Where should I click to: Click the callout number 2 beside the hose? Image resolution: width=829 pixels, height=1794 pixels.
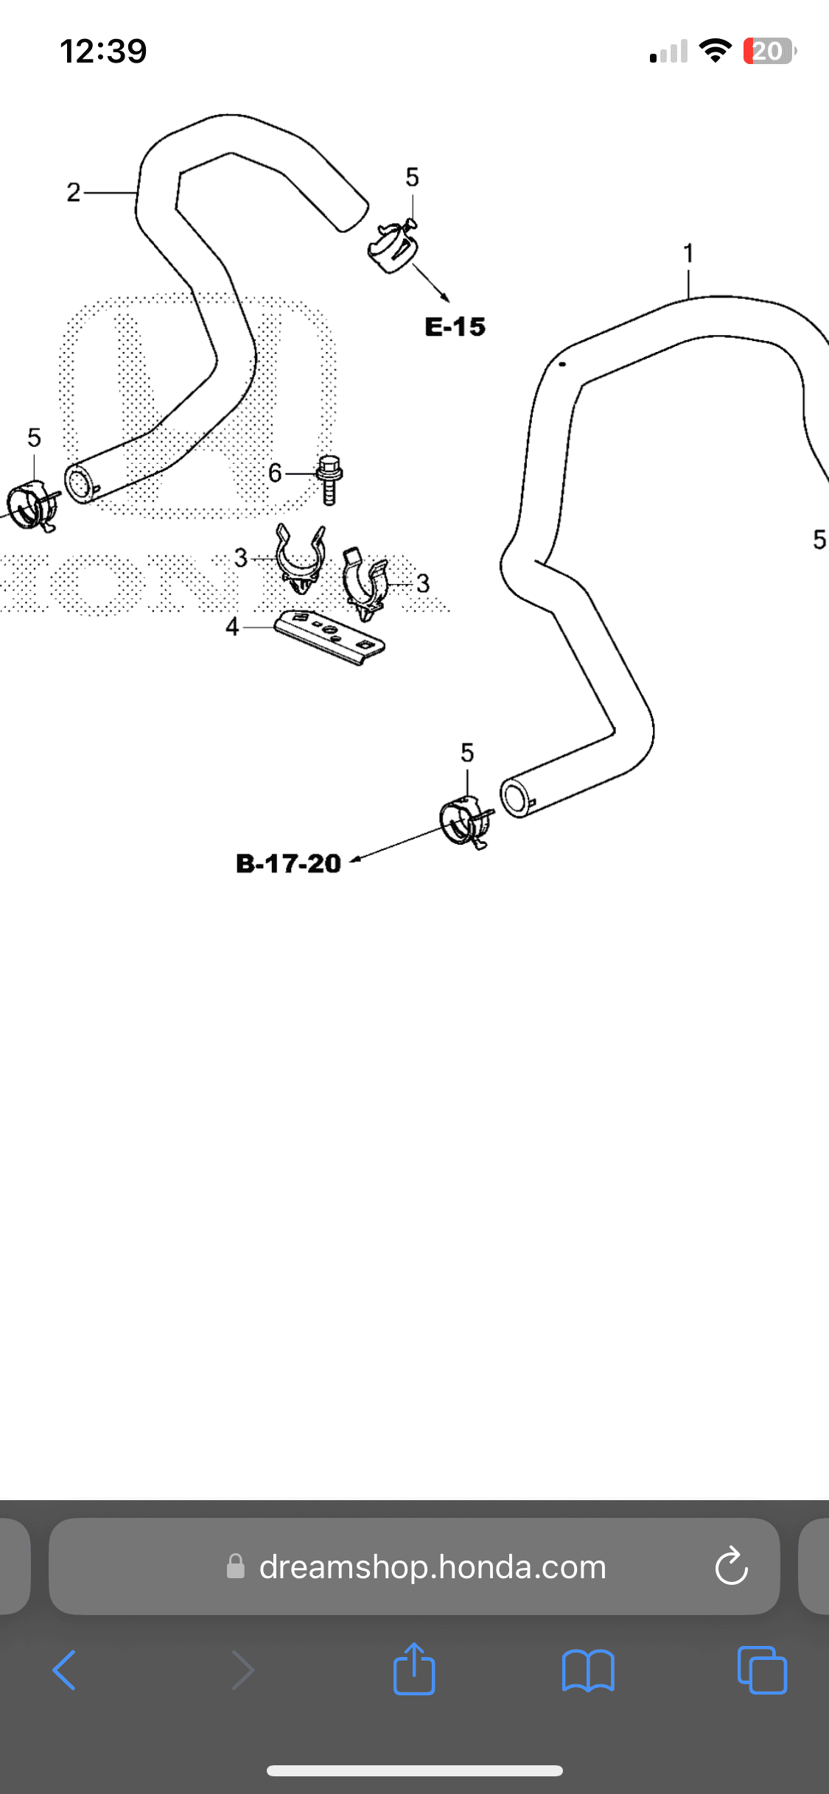coord(73,192)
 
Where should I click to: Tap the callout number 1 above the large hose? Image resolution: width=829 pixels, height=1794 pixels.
coord(688,253)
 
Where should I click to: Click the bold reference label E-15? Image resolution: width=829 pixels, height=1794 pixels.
coord(455,327)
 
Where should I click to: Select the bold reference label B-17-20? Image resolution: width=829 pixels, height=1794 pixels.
coord(288,863)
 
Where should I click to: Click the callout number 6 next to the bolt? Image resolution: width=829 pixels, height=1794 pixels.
coord(275,473)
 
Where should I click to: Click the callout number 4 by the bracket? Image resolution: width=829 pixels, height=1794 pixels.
coord(232,627)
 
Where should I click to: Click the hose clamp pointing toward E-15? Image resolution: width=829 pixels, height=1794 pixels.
coord(393,245)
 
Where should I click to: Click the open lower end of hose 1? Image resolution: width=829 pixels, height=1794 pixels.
coord(515,797)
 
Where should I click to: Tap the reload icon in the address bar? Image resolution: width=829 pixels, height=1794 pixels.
coord(731,1566)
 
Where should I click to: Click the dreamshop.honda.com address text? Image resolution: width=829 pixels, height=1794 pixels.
coord(432,1567)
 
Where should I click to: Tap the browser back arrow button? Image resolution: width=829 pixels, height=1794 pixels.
coord(65,1670)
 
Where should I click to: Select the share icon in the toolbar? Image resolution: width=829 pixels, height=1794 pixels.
coord(414,1670)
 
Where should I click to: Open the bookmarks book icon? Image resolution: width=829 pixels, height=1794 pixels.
coord(587,1670)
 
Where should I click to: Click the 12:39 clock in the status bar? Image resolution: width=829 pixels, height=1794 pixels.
coord(103,51)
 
